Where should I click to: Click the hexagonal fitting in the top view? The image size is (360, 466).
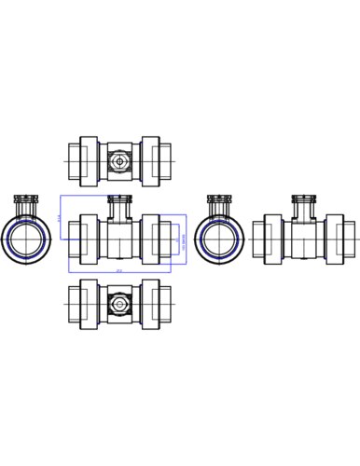point(118,161)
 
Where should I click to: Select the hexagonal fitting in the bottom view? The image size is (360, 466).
point(118,304)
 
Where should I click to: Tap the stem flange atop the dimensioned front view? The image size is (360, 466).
point(119,199)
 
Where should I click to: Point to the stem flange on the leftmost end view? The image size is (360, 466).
point(26,199)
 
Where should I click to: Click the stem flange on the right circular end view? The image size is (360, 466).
point(220,199)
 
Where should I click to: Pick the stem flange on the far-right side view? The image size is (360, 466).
point(304,199)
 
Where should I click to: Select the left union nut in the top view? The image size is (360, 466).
point(89,161)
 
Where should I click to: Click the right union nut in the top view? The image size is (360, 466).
point(150,161)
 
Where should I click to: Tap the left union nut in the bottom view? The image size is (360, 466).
point(89,304)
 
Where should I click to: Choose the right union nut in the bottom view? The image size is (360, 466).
point(150,304)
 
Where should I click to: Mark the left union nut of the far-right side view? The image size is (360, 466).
point(273,240)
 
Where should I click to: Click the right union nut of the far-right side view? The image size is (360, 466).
point(334,240)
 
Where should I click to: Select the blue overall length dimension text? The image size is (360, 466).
point(118,271)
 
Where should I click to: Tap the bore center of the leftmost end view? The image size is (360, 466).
point(26,240)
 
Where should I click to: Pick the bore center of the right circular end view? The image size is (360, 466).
point(220,240)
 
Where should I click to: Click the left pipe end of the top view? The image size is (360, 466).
point(74,161)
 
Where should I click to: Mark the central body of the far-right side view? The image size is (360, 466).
point(304,240)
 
